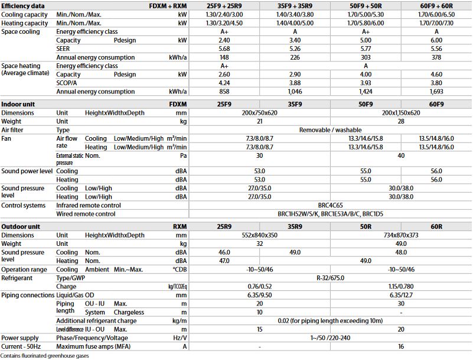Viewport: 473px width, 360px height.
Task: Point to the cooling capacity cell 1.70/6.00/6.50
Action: coord(436,14)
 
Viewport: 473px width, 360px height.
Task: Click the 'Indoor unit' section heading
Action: coord(18,103)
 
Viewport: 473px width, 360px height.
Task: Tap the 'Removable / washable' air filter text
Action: coord(330,129)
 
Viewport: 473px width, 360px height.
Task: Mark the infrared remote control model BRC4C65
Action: coord(330,205)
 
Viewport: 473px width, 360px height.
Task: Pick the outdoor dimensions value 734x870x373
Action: coord(401,235)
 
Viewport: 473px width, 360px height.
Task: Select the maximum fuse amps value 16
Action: coord(401,346)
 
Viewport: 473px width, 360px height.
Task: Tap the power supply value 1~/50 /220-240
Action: coord(330,338)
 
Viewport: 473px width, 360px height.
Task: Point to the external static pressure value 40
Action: coord(401,155)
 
